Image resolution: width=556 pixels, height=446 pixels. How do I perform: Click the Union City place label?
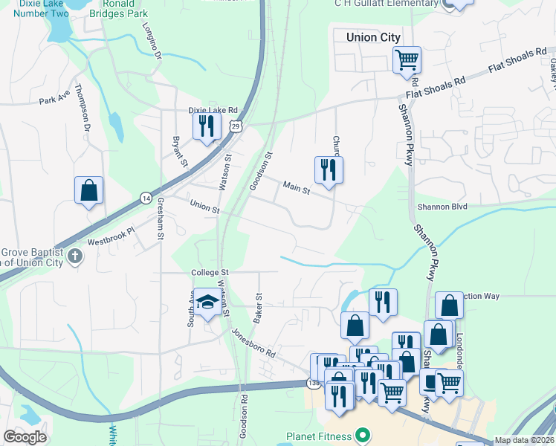373,37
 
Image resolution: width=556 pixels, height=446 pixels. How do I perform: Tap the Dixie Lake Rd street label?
213,109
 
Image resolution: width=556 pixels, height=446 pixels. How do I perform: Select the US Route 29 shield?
235,128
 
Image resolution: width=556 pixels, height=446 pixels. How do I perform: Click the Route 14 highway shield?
145,197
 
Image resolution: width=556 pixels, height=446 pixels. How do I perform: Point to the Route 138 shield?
313,383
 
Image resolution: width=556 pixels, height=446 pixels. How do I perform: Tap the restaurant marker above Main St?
328,169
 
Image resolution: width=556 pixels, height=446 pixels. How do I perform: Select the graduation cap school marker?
207,301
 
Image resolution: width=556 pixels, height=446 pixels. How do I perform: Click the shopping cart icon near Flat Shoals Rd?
407,59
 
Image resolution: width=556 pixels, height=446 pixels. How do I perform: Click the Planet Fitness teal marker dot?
363,434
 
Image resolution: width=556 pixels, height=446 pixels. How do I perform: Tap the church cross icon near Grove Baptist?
74,256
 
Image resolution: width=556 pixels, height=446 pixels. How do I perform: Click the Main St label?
296,189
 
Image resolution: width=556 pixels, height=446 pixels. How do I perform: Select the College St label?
209,273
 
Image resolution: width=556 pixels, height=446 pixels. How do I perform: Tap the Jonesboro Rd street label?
253,342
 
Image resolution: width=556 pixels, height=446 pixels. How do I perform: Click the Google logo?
25,437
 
